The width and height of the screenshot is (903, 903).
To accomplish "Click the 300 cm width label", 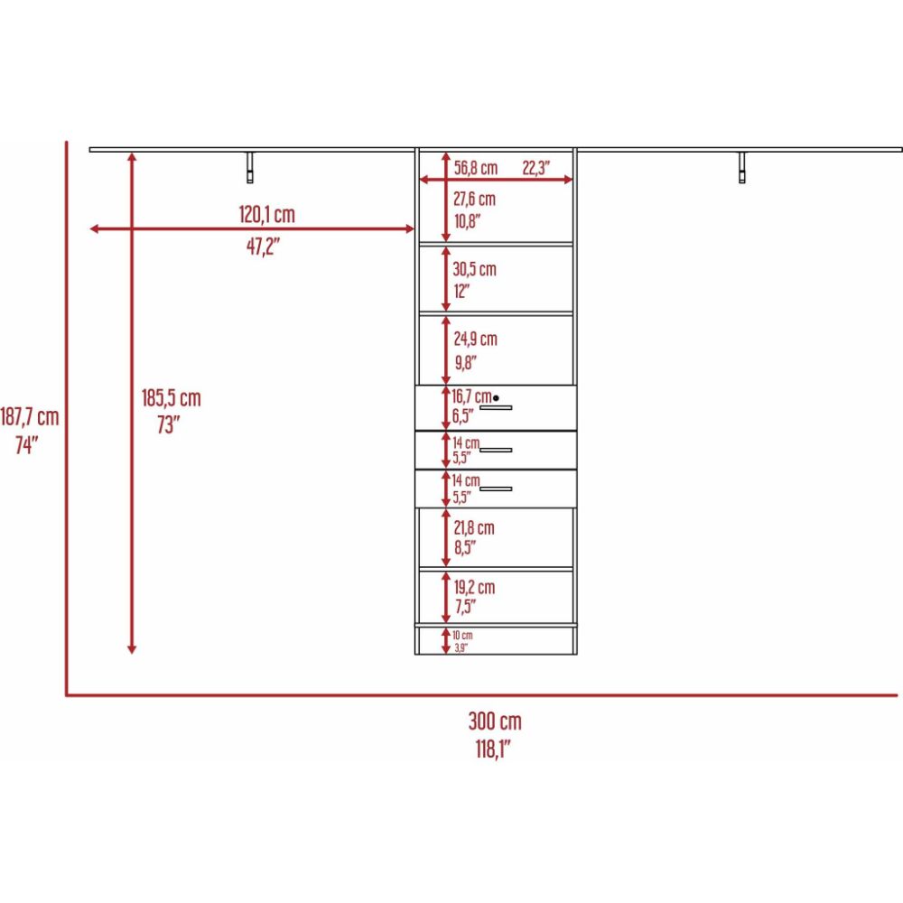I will tap(494, 721).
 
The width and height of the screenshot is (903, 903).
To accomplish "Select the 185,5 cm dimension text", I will tap(171, 397).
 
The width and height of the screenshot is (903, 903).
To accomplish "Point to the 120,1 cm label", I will tap(266, 215).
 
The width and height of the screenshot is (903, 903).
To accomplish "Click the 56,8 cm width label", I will tap(475, 168).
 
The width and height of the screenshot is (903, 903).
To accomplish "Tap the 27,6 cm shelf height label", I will tap(474, 199).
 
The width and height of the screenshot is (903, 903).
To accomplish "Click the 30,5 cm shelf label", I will tap(474, 269).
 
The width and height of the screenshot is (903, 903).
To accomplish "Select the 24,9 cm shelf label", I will tap(475, 340).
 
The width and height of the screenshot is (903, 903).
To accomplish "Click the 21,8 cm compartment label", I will tap(473, 527).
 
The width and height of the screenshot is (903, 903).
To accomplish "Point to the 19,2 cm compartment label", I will tap(473, 588).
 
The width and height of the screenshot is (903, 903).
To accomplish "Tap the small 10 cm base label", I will tap(462, 636).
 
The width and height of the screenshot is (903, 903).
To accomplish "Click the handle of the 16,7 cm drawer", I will tap(496, 408).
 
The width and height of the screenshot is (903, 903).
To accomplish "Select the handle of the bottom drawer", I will tap(496, 489).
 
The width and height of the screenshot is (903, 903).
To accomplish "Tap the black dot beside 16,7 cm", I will tap(496, 397).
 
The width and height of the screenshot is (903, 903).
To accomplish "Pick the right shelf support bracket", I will tap(742, 167).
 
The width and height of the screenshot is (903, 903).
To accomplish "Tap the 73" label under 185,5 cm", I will tap(169, 425).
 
